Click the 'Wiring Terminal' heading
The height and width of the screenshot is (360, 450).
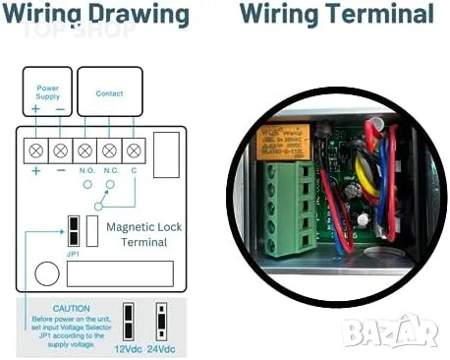click(x=336, y=15)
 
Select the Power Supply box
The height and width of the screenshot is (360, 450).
click(x=47, y=92)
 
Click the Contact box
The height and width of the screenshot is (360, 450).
click(x=109, y=92)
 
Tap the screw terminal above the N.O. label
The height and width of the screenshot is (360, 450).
click(x=84, y=150)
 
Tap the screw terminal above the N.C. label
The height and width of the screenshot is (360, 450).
click(x=109, y=150)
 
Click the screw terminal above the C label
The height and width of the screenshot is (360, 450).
click(x=134, y=150)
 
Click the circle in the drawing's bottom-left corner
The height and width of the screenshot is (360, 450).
click(x=45, y=272)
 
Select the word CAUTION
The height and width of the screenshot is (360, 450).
click(x=73, y=307)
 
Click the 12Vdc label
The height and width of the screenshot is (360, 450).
click(x=128, y=347)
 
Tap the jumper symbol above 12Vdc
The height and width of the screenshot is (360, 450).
click(x=127, y=320)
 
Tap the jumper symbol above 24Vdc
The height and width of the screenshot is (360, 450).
click(x=162, y=320)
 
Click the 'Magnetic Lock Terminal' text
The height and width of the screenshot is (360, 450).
click(x=144, y=233)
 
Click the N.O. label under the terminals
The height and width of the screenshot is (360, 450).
click(x=85, y=171)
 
